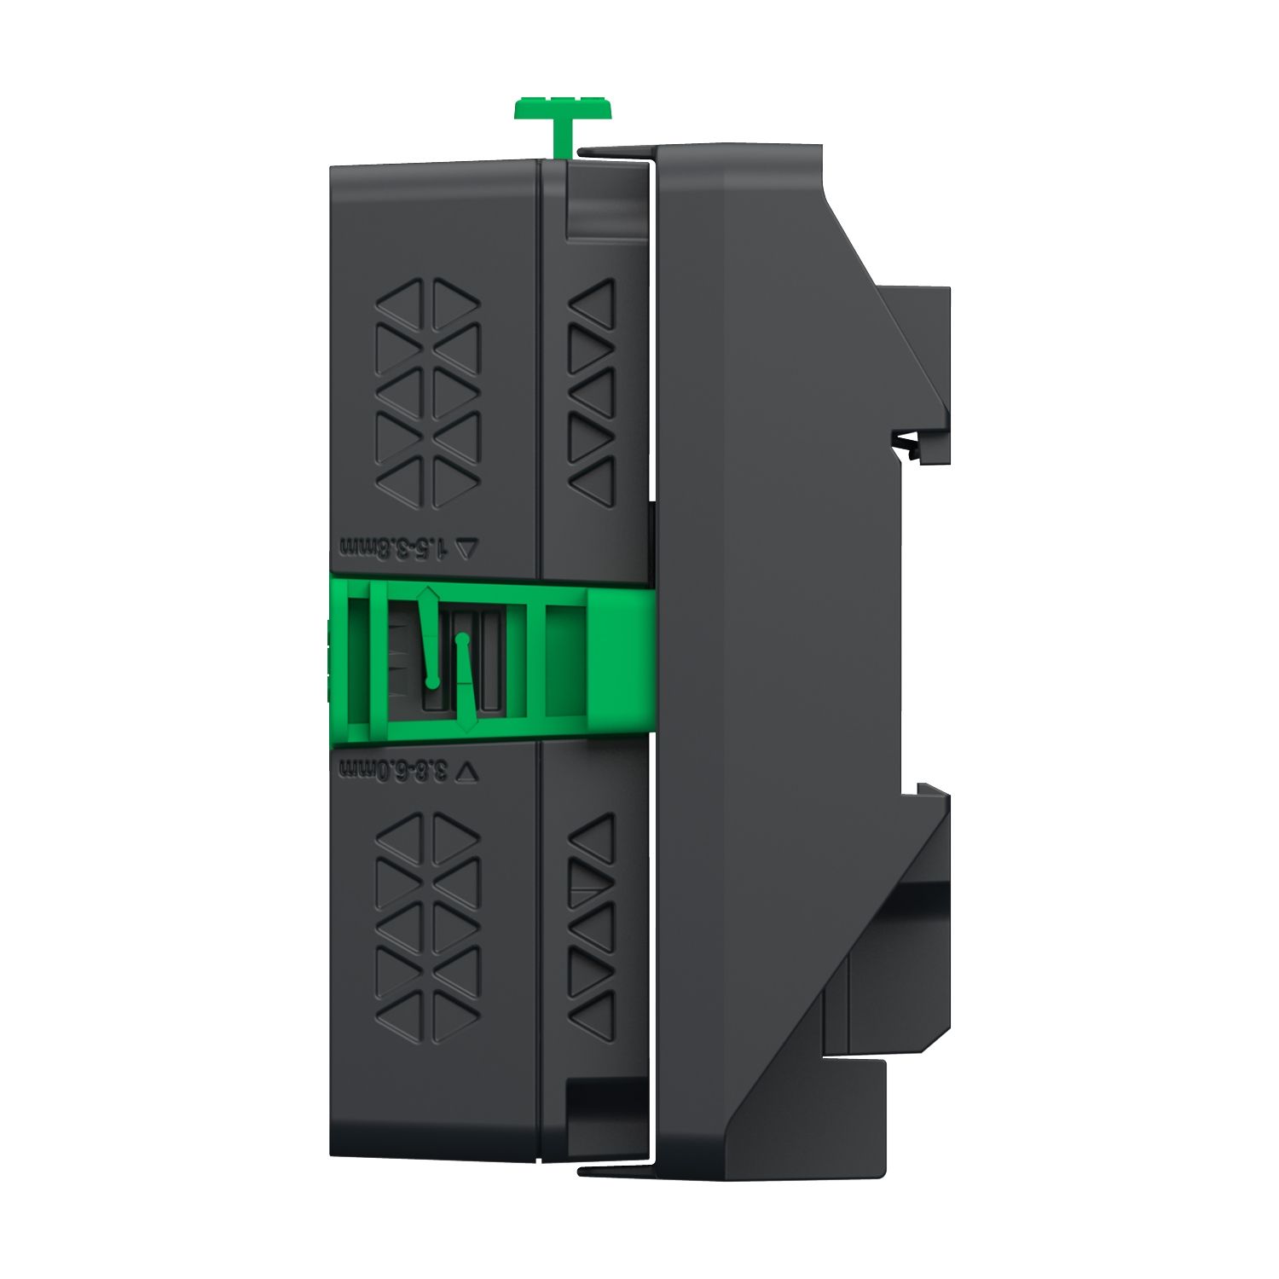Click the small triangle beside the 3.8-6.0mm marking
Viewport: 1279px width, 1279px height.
click(x=470, y=771)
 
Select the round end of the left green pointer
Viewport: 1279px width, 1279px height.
click(x=432, y=682)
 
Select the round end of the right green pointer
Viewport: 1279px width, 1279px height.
click(x=463, y=637)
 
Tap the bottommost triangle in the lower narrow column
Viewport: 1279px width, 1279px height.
click(x=594, y=1015)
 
